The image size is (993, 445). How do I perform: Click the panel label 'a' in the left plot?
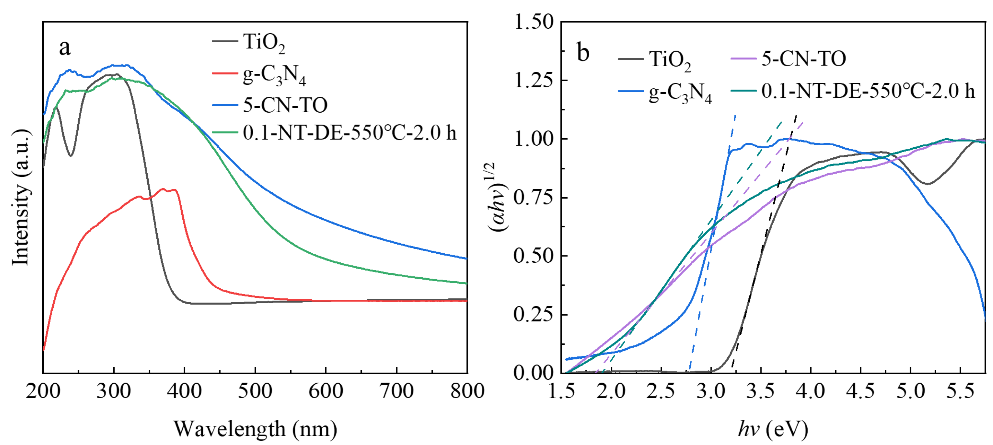point(64,48)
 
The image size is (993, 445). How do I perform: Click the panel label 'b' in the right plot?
point(583,53)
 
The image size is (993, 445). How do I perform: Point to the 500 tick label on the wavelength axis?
point(255,391)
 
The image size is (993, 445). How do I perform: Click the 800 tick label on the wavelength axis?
point(467,391)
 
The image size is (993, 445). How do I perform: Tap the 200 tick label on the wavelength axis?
point(43,391)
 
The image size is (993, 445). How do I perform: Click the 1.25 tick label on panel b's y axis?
point(533,80)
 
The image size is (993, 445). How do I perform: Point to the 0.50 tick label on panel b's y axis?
point(533,256)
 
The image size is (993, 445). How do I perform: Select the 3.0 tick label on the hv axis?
point(711,391)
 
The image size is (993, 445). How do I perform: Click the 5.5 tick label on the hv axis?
point(961,391)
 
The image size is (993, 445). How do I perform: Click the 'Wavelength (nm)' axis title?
point(255,429)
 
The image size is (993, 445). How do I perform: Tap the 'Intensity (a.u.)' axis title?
point(21,198)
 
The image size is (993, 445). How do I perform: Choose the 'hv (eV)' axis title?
point(773,429)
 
